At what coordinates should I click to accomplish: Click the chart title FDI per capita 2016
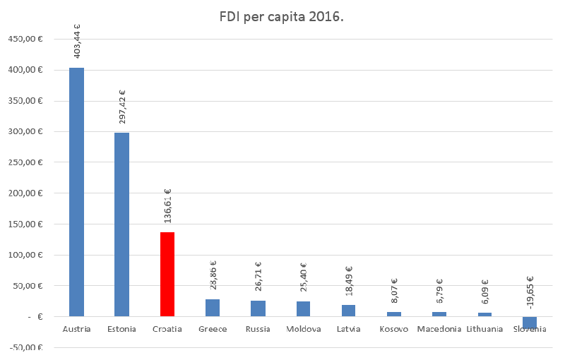[x=282, y=16]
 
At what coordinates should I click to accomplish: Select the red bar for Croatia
[x=167, y=274]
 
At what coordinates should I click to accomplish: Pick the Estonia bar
[x=121, y=224]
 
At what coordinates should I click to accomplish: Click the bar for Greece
[x=213, y=308]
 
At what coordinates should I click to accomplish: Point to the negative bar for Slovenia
[x=530, y=323]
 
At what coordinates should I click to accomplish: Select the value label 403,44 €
[x=77, y=40]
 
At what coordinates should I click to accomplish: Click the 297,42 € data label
[x=122, y=107]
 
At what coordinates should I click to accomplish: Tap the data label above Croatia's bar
[x=168, y=206]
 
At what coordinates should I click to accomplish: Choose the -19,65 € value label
[x=530, y=292]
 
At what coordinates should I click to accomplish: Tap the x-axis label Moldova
[x=304, y=329]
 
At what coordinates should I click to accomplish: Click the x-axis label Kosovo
[x=394, y=329]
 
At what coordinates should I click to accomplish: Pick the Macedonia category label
[x=439, y=329]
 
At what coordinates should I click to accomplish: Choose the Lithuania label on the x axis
[x=484, y=329]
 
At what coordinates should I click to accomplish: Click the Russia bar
[x=258, y=308]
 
